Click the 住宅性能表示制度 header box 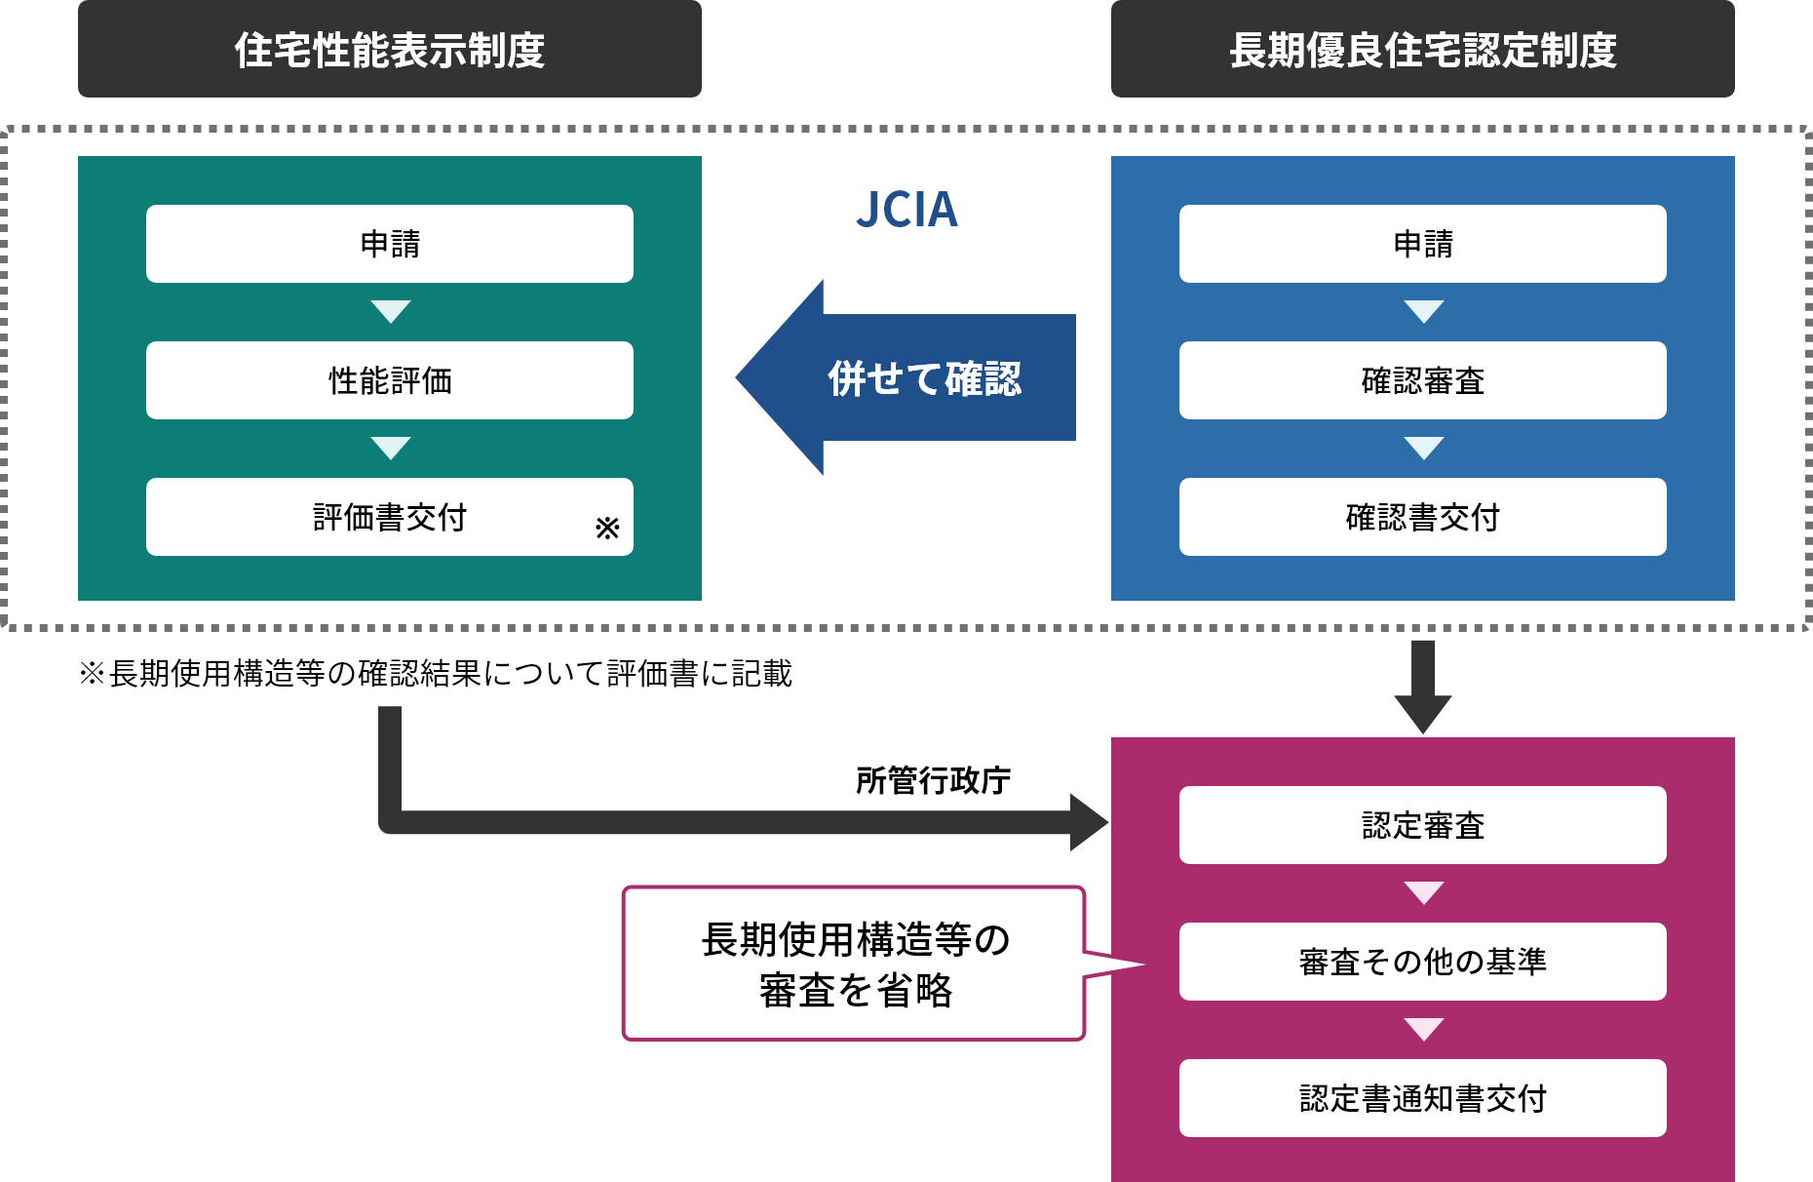click(389, 50)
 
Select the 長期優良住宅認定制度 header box click(1422, 50)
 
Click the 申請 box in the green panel click(389, 244)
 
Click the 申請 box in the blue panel click(1422, 244)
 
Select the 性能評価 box click(389, 380)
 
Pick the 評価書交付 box click(389, 517)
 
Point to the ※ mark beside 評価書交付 click(607, 528)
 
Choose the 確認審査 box click(1422, 380)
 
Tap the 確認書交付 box click(1422, 517)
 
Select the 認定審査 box click(1422, 825)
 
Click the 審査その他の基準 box click(1422, 962)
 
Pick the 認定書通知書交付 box click(1422, 1098)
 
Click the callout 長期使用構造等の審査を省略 click(854, 964)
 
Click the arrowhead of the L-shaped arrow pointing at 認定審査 click(1087, 822)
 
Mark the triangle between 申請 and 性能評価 click(391, 311)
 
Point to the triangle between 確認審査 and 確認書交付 click(1423, 448)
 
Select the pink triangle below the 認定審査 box click(1423, 892)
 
